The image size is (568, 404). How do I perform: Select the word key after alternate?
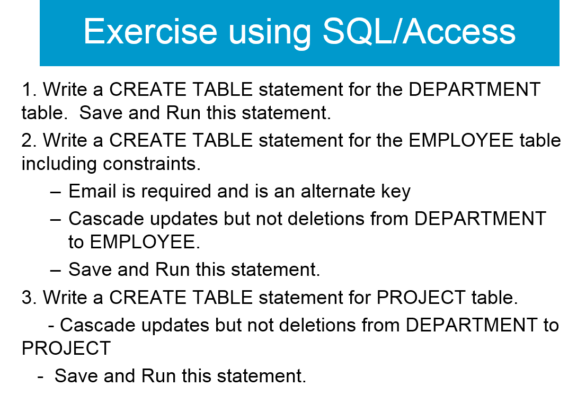point(396,192)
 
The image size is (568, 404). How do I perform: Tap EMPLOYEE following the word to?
point(142,242)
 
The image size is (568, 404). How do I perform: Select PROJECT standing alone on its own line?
point(66,348)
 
